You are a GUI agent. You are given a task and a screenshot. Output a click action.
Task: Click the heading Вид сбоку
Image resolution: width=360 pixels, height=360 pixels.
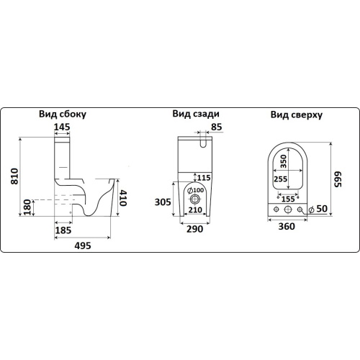click(63, 114)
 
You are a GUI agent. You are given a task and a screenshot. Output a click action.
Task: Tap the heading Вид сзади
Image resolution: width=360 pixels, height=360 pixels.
click(196, 114)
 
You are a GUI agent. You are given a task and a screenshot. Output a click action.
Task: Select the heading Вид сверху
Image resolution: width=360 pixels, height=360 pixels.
click(297, 114)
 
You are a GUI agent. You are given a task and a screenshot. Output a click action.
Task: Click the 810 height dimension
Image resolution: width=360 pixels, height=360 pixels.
click(14, 176)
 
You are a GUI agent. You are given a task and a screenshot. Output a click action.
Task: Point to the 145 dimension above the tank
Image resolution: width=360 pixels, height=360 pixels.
click(62, 127)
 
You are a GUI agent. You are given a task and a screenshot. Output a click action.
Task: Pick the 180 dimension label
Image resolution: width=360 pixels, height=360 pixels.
click(27, 207)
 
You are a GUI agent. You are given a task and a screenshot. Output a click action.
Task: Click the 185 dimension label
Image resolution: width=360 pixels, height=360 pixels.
click(63, 230)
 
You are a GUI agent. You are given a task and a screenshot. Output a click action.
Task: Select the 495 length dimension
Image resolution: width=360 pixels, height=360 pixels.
click(83, 246)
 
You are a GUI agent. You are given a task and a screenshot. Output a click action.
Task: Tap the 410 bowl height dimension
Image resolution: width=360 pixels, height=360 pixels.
click(122, 198)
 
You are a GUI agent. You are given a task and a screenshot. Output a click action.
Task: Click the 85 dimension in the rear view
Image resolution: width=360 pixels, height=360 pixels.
click(217, 127)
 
